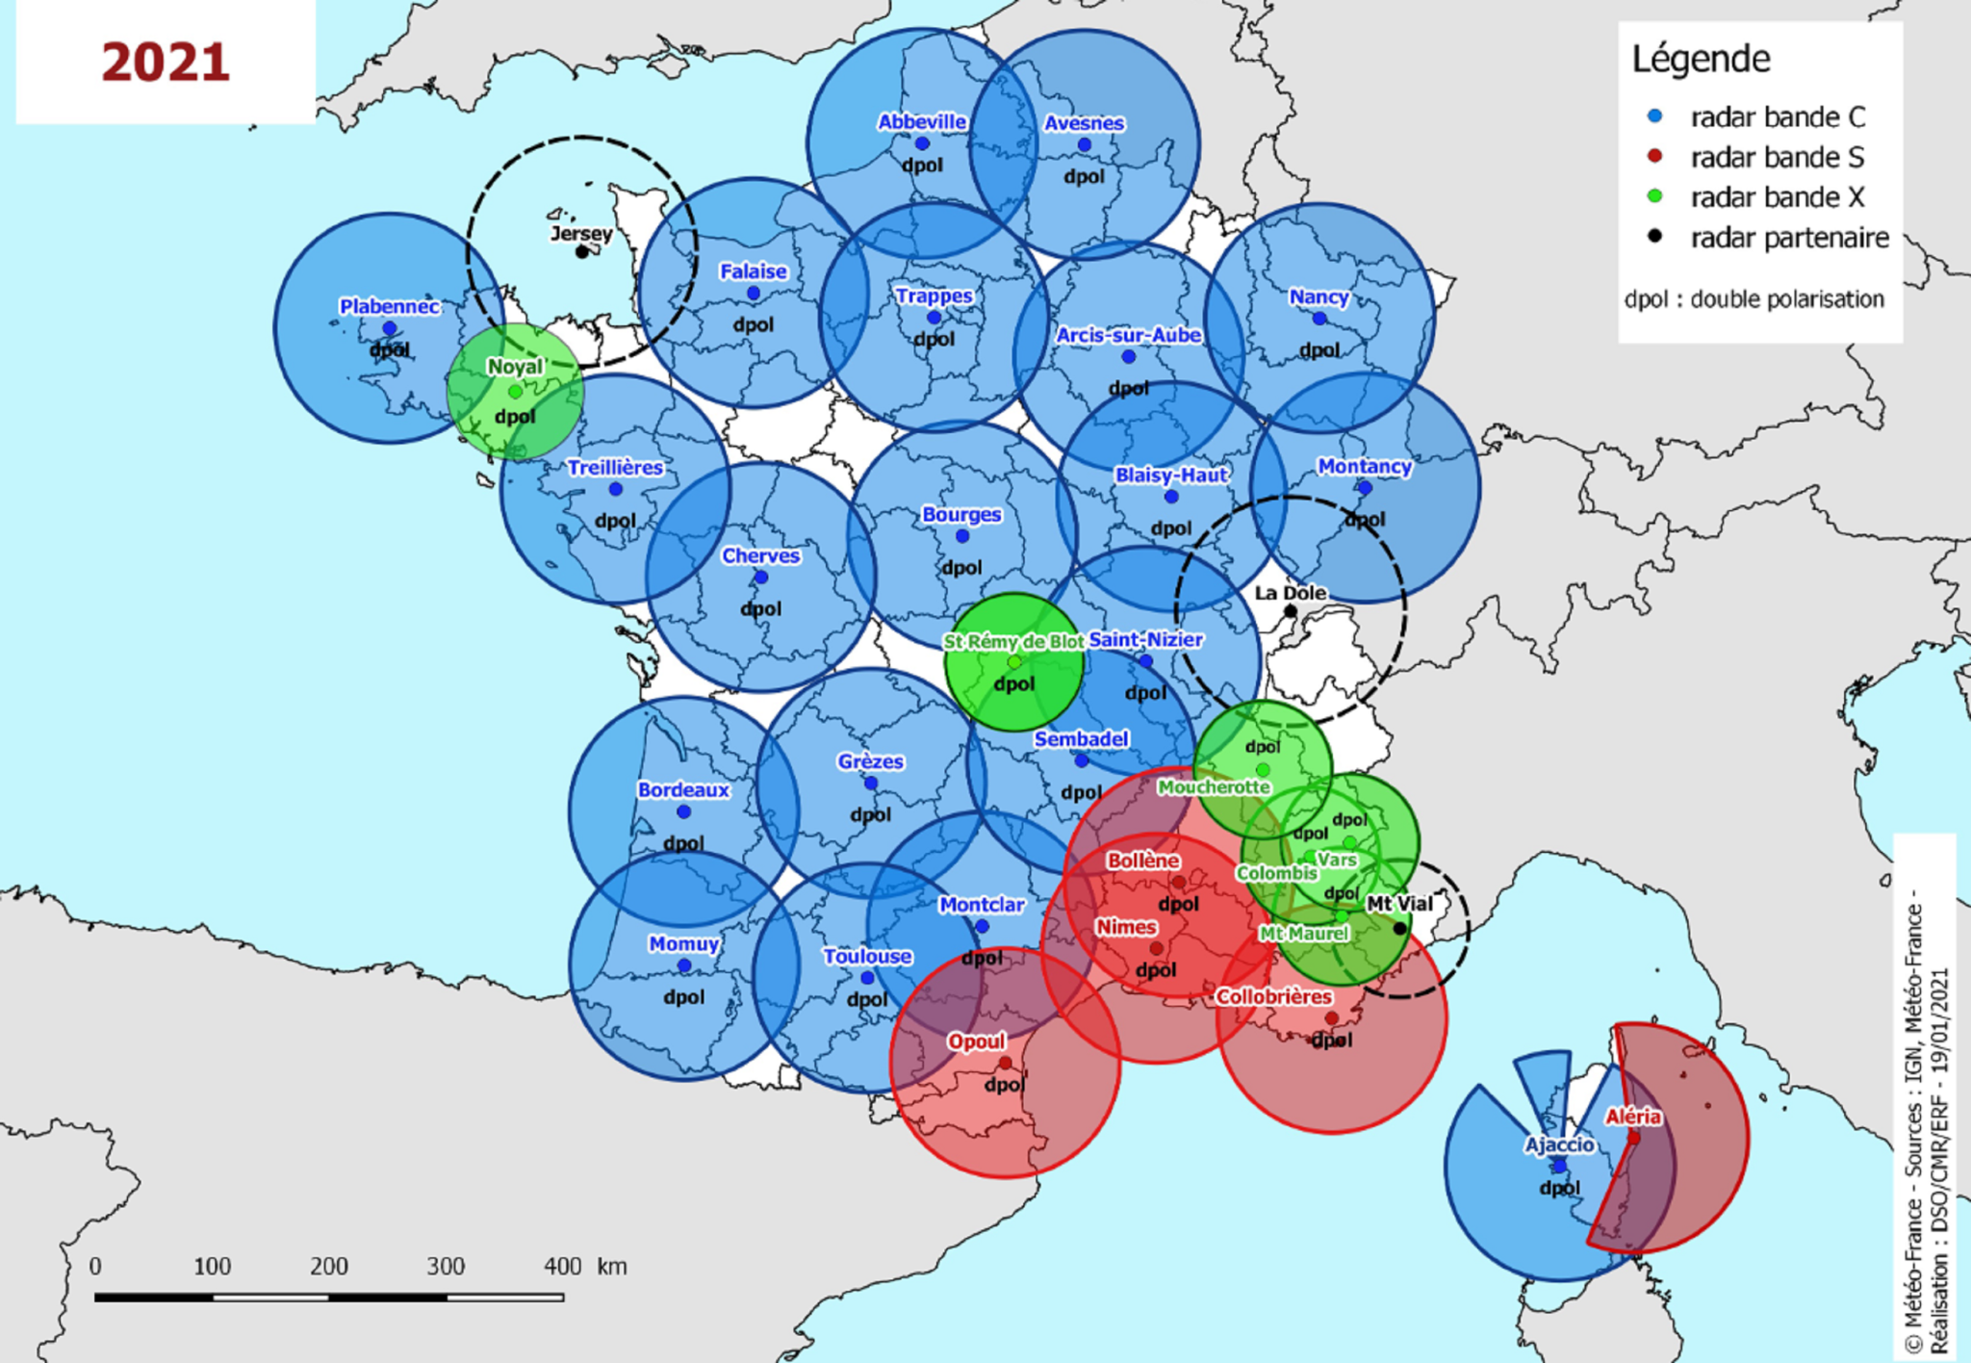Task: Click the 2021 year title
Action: [166, 63]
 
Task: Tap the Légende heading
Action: [1701, 60]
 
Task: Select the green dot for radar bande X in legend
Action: [1654, 196]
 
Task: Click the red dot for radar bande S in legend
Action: [1654, 156]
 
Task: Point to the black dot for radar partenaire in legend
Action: [1654, 237]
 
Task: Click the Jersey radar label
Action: [580, 233]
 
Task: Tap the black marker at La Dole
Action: [1291, 611]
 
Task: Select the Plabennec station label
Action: [389, 306]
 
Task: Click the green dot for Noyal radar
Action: [515, 392]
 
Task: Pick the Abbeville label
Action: [921, 121]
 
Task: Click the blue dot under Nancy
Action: [1318, 319]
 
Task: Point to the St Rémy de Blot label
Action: [1012, 641]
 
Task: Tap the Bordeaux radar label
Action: [683, 789]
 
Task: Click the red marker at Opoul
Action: [1005, 1063]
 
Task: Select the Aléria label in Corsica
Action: [1632, 1117]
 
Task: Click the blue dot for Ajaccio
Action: [1559, 1166]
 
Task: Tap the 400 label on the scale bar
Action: [562, 1266]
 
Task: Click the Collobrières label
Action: [1272, 996]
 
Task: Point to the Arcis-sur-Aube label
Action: [1128, 335]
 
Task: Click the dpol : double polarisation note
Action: [1753, 299]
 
